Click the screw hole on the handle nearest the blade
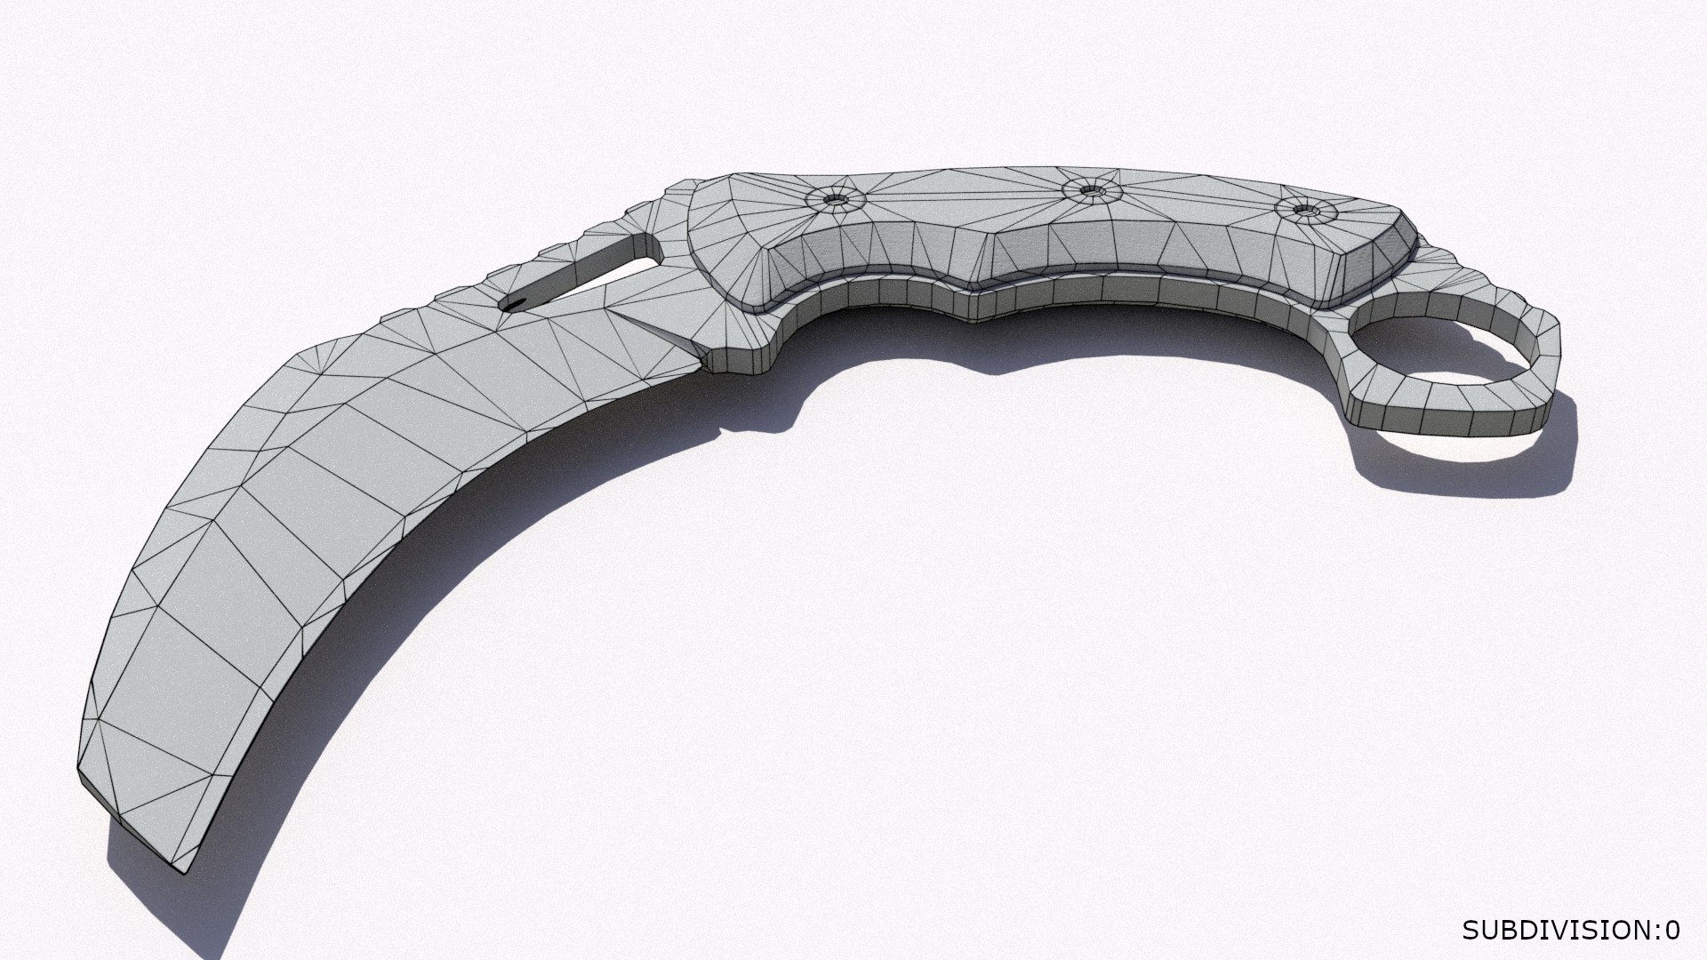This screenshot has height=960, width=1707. pyautogui.click(x=834, y=200)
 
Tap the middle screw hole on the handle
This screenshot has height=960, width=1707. pyautogui.click(x=1086, y=189)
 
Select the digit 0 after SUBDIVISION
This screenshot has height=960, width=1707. pyautogui.click(x=1672, y=930)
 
